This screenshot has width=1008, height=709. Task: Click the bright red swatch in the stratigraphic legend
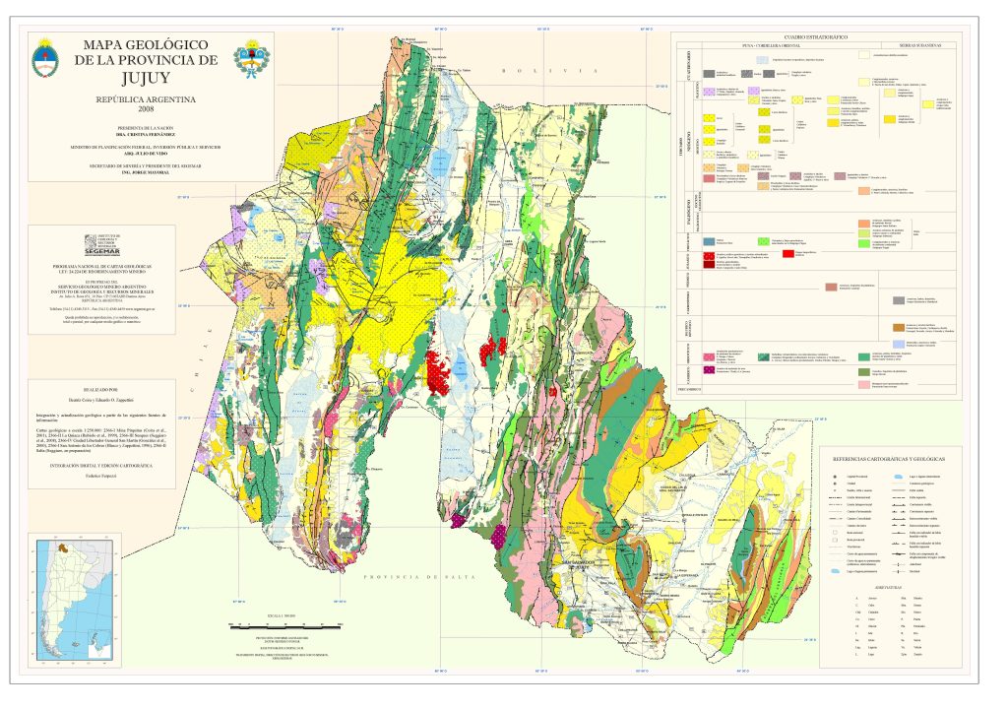787,254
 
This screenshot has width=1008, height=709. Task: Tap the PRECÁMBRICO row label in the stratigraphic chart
687,390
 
